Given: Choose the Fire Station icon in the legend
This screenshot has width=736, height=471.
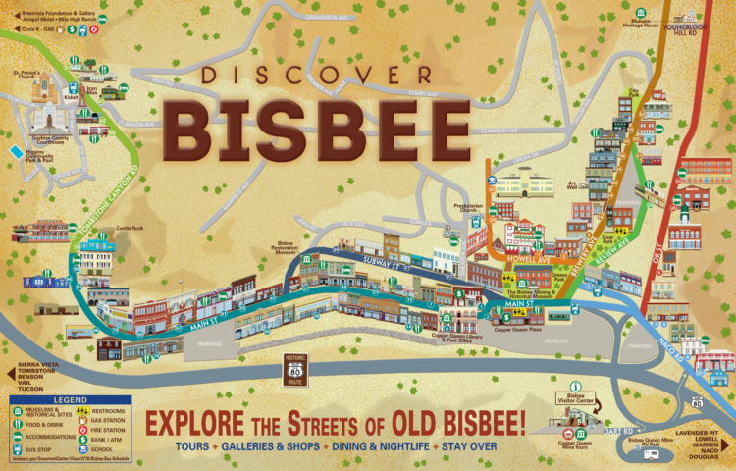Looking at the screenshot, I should [x=82, y=429].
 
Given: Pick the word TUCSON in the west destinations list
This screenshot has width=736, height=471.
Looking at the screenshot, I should [x=22, y=386].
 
